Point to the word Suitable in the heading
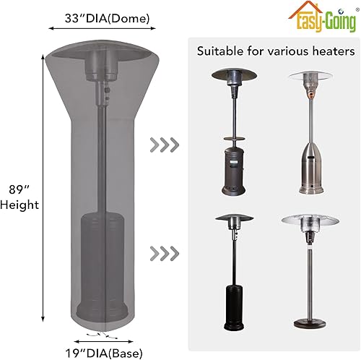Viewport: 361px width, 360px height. pos(221,52)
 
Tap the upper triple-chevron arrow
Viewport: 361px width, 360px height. pos(165,143)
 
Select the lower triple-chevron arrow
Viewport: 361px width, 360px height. pos(165,253)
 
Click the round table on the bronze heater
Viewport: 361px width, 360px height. pos(234,136)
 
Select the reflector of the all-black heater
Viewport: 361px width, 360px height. pos(234,221)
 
